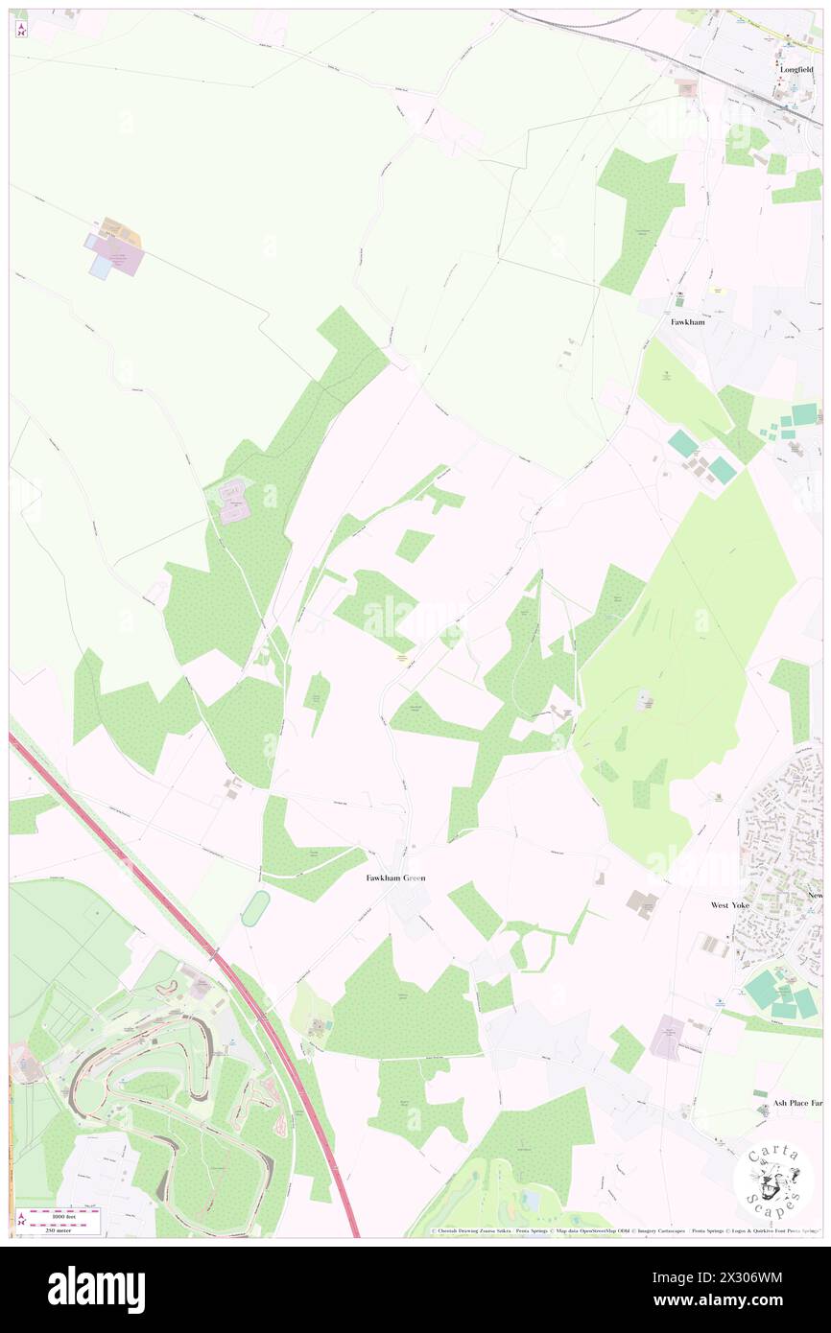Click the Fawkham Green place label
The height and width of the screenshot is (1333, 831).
pos(395,877)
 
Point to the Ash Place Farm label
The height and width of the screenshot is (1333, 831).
pos(797,1104)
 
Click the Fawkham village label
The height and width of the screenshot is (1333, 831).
pos(687,322)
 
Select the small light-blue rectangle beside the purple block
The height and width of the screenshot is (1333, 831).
pos(100,268)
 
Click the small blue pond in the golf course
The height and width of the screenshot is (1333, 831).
pos(525,1202)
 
